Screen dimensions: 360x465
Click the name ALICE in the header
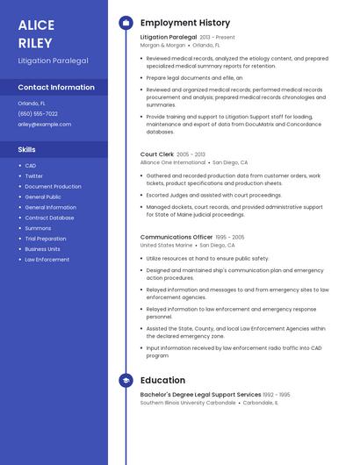pos(36,25)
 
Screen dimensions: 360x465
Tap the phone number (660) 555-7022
pos(38,114)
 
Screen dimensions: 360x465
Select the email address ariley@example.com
pos(44,125)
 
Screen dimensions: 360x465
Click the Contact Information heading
pos(56,88)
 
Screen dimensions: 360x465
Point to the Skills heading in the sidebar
pos(27,150)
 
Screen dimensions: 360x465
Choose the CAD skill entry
pos(31,166)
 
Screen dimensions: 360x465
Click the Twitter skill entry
pos(33,176)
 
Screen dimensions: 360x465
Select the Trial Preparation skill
pos(46,239)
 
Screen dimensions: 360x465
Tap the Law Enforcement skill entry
pos(47,260)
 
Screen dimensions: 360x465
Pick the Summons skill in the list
pos(38,228)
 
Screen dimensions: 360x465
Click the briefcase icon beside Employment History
pos(126,23)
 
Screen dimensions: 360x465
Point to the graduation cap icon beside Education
pos(126,381)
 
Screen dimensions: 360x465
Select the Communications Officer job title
pos(176,237)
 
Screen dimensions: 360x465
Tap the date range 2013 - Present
pos(218,38)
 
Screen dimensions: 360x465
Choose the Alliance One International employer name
pos(173,162)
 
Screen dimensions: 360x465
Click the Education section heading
pos(162,381)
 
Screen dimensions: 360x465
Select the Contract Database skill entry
pos(49,218)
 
